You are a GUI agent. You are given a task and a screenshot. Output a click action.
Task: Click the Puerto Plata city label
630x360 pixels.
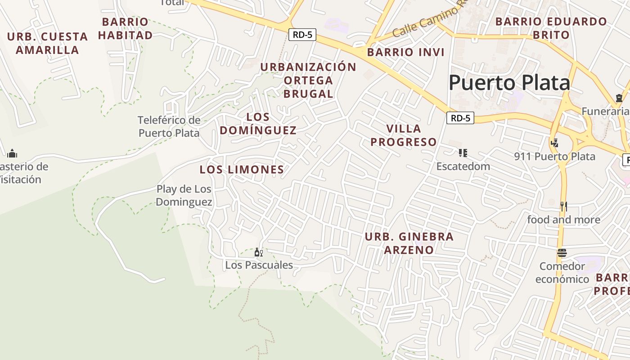point(509,83)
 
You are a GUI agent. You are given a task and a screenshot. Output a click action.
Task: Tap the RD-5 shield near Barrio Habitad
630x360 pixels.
point(302,35)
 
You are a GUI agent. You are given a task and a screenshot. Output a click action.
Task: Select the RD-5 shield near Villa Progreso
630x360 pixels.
point(460,118)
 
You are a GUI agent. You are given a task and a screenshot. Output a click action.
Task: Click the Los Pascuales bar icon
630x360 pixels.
point(259,252)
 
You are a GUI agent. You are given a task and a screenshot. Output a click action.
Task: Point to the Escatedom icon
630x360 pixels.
point(463,153)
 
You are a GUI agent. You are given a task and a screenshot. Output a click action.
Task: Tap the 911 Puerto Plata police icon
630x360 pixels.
point(554,143)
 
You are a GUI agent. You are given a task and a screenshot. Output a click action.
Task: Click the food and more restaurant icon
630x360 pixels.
point(563,207)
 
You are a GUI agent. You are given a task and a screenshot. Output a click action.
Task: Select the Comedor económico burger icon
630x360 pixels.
point(562,253)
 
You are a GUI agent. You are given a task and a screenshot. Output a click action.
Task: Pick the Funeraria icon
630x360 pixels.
point(619,98)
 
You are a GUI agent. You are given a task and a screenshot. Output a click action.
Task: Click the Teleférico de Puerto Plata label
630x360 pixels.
point(169,126)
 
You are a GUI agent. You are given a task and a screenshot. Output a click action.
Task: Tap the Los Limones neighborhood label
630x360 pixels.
point(242,170)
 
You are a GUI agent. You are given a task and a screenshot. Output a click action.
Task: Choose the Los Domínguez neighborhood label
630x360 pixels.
point(258,124)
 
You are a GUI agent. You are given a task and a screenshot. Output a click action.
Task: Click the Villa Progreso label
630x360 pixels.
point(404,135)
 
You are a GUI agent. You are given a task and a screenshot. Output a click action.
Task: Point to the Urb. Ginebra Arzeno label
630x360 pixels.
point(409,243)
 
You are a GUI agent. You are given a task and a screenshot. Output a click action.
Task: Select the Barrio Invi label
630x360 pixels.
point(405,52)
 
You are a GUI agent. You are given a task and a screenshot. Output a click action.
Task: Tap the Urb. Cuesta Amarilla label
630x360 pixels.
point(47,43)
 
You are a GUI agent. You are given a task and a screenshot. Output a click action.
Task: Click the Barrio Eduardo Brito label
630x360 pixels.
point(551,28)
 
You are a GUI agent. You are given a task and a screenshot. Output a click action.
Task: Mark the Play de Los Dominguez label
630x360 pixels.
point(184,195)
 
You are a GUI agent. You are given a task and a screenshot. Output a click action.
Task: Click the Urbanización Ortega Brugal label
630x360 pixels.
point(308,80)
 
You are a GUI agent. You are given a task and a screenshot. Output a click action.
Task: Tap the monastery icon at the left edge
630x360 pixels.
point(12,153)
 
